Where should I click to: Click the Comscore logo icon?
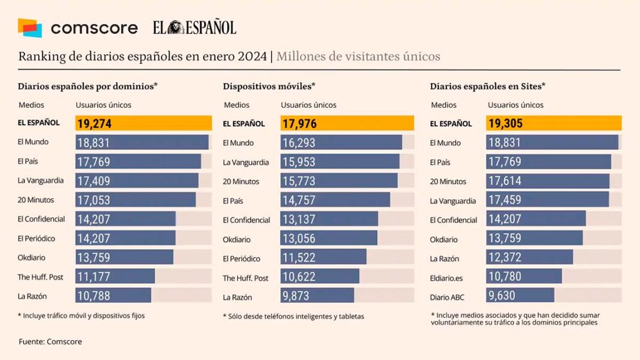[x=30, y=28]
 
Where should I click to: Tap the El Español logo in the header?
[x=194, y=28]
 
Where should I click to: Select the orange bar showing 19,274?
[x=143, y=123]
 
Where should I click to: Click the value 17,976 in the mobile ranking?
[x=299, y=124]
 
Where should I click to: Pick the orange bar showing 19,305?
[x=554, y=123]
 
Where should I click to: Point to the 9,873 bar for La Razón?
[x=318, y=297]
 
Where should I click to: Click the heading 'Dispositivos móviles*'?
[x=269, y=86]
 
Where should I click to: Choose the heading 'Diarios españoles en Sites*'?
[x=488, y=86]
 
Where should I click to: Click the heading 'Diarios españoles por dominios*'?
[x=87, y=86]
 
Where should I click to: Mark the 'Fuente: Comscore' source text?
[x=50, y=341]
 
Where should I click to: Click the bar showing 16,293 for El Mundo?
[x=341, y=143]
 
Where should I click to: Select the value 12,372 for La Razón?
[x=505, y=259]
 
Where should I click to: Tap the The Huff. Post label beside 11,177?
[x=40, y=277]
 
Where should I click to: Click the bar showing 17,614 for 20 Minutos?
[x=548, y=181]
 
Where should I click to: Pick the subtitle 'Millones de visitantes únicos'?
[x=358, y=57]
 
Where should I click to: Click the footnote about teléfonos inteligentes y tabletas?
[x=294, y=316]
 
